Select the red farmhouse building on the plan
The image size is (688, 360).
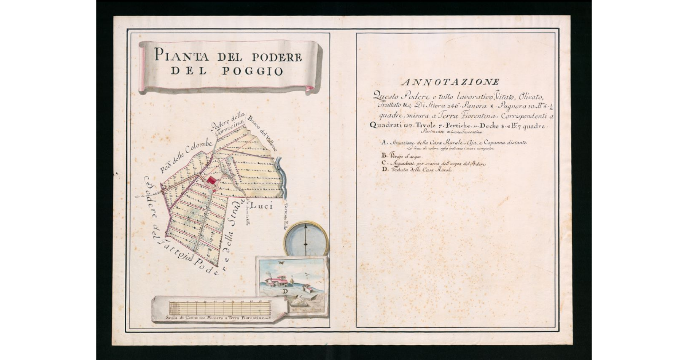212,181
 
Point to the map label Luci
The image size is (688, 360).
262,205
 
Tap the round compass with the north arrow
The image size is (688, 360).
306,238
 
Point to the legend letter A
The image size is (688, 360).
383,142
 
